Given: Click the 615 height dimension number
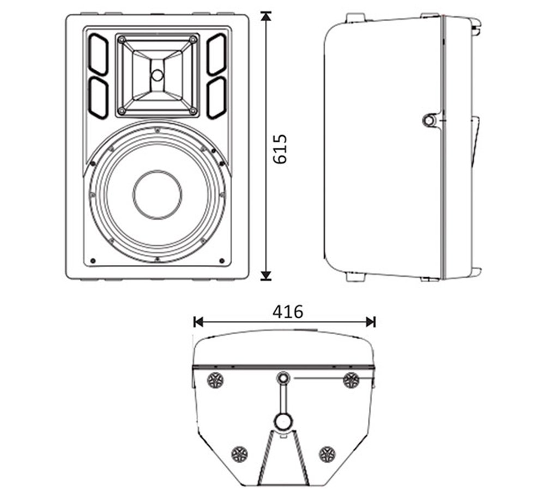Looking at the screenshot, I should (280, 148).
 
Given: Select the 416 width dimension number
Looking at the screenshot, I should (287, 312).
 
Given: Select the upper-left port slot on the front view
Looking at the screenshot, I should (99, 54).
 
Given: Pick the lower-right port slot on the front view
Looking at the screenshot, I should (216, 98).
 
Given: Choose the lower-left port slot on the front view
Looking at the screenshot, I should (99, 98).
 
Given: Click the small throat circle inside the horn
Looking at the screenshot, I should (157, 75).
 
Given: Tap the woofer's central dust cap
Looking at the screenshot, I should (157, 195).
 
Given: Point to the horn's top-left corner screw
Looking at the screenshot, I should (121, 39).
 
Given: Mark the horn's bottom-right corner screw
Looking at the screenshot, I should (193, 111).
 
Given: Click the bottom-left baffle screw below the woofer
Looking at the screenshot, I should (93, 260).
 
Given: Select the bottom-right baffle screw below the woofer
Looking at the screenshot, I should (222, 260).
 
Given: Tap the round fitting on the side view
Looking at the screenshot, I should (429, 120).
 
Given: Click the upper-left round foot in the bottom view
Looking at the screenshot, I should (216, 380).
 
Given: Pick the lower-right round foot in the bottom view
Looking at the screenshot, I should (326, 453).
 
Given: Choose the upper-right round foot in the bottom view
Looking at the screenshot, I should (351, 380).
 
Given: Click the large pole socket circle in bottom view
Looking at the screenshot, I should (283, 421).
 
